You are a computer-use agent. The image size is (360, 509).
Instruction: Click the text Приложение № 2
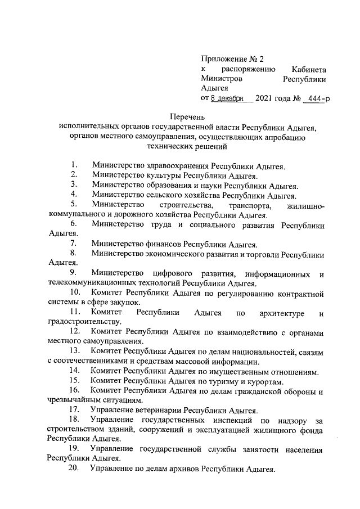[232, 58]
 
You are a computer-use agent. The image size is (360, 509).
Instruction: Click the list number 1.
[74, 165]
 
